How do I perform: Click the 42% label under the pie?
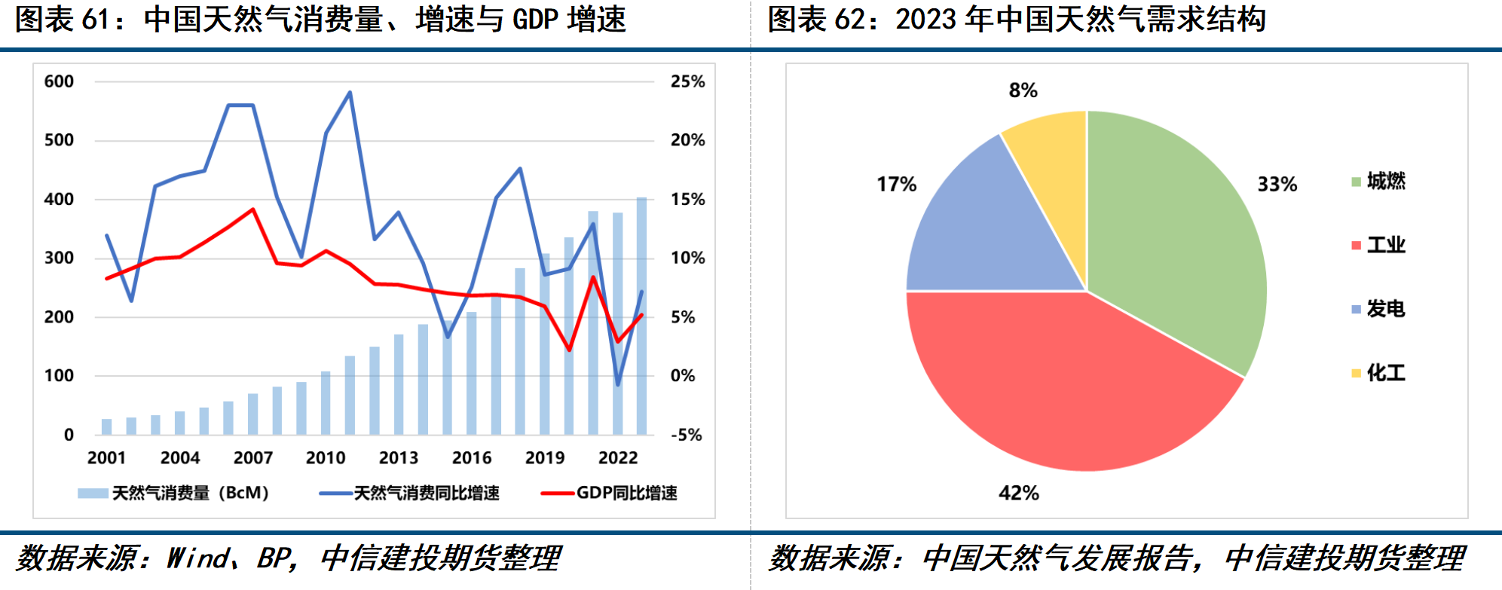click(1018, 493)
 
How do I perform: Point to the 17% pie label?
click(896, 184)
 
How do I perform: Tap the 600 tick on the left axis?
click(59, 81)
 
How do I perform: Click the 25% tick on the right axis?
click(687, 81)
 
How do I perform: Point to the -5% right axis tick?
click(686, 435)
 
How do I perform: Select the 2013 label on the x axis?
click(398, 458)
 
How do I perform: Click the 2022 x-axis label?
click(617, 458)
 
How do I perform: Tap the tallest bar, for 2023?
click(641, 316)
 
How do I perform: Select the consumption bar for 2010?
click(326, 403)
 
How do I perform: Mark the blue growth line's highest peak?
click(350, 93)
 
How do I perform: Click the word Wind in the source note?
click(198, 558)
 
